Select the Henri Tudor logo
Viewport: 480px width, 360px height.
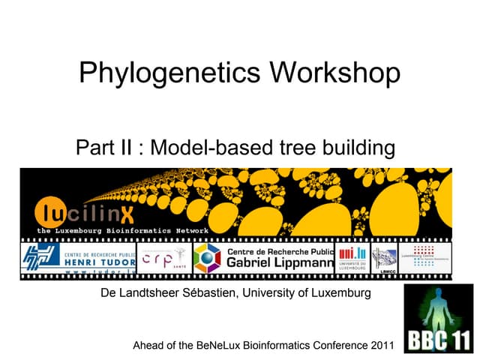tap(78, 257)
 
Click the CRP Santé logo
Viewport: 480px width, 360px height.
tap(164, 257)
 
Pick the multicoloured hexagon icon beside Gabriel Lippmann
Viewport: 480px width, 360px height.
tap(207, 258)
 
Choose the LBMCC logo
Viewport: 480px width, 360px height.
tap(384, 259)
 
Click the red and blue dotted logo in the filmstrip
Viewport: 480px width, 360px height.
tap(423, 255)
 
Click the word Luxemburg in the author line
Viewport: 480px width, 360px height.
tap(337, 293)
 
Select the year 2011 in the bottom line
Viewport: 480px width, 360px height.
tap(379, 346)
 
